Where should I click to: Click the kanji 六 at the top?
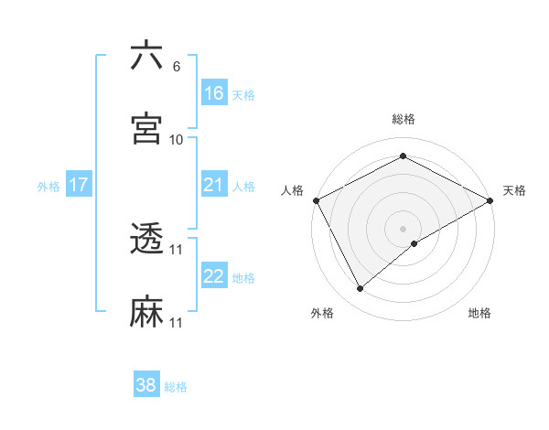[x=146, y=57]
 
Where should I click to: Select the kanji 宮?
[x=146, y=129]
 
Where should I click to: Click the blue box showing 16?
[x=214, y=93]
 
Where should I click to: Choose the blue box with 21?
[x=214, y=185]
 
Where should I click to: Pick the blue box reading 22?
[x=214, y=276]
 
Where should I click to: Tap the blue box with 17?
[x=79, y=185]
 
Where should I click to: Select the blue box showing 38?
[x=146, y=385]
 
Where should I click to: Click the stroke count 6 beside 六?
[x=177, y=67]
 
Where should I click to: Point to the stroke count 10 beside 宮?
[x=177, y=139]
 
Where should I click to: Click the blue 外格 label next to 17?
[x=48, y=186]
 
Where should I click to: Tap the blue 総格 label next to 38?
[x=176, y=387]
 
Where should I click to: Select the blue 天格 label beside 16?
[x=243, y=94]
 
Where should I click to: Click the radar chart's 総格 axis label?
[x=404, y=119]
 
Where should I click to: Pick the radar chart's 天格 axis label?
[x=514, y=190]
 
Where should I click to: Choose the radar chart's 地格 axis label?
[x=479, y=314]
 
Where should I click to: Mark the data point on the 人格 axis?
[x=317, y=200]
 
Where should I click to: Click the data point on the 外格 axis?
[x=361, y=289]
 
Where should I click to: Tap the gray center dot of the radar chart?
[x=404, y=228]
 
